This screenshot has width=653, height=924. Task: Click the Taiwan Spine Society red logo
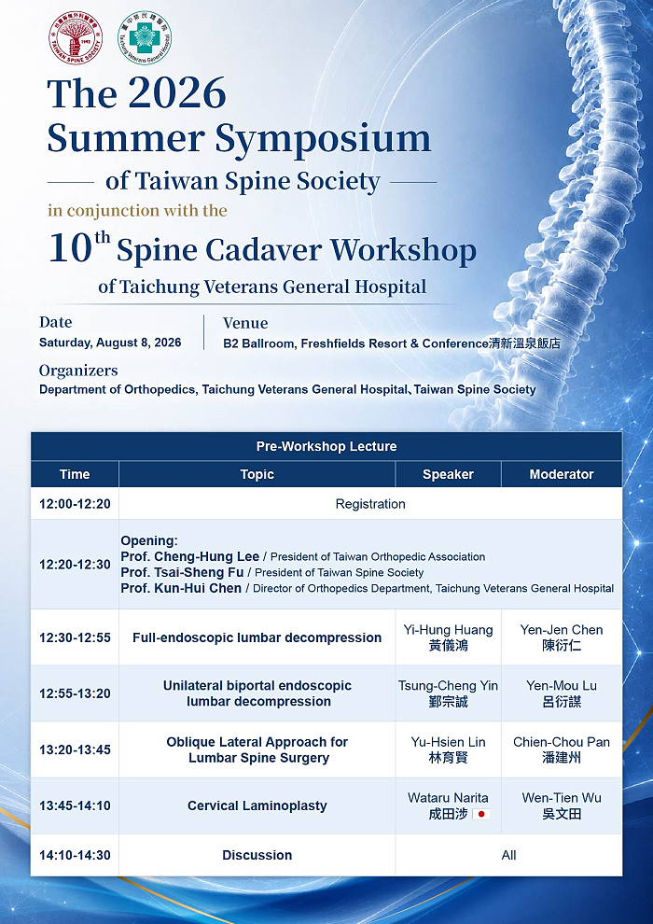pos(76,37)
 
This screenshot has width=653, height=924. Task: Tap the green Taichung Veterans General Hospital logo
pos(145,37)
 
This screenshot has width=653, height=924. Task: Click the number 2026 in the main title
pos(177,92)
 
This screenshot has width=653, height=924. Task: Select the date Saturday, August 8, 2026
pos(110,343)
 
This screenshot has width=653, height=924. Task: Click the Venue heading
pos(245,323)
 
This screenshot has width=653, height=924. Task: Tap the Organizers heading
pos(78,371)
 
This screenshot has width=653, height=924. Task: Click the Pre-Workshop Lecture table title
pos(326,447)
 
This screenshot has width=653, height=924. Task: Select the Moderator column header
pos(562,474)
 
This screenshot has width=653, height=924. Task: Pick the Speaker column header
pos(448,474)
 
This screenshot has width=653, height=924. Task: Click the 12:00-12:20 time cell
pos(75,504)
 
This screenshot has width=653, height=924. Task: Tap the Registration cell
pos(370,504)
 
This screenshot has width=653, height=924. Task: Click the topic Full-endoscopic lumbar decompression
pos(257,637)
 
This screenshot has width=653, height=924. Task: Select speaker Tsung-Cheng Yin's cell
pos(448,693)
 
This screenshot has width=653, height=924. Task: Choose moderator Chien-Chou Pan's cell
pos(562,749)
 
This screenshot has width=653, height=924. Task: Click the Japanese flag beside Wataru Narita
pos(481,815)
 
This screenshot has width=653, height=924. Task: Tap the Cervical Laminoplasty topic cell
pos(257,805)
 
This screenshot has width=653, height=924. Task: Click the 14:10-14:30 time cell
pos(75,855)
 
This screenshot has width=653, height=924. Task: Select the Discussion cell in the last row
pos(257,855)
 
